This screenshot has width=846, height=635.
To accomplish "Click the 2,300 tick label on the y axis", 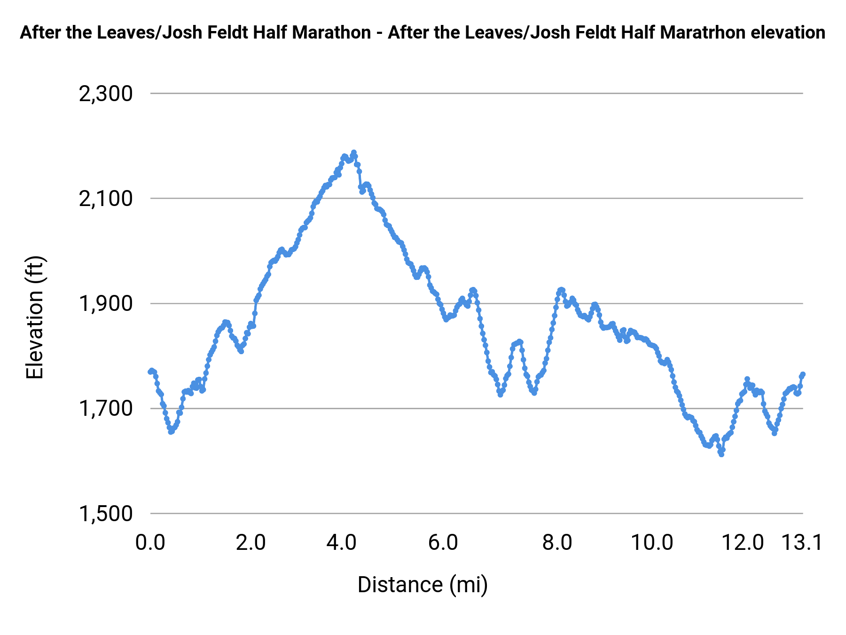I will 106,94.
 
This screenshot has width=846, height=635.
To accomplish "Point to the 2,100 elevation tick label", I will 106,198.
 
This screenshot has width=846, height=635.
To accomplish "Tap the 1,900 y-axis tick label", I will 106,303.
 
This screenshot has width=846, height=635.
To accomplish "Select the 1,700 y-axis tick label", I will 106,408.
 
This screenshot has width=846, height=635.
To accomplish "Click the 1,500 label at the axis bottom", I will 106,513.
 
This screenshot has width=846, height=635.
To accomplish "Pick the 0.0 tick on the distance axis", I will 150,543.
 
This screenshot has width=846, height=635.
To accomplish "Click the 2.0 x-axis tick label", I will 251,543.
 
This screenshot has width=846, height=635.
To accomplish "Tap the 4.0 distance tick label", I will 342,543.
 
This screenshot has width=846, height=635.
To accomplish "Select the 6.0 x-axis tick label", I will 443,543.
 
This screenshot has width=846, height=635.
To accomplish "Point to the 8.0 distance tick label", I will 557,543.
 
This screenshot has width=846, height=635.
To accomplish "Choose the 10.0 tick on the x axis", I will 652,543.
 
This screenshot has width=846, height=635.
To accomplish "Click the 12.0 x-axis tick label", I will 743,543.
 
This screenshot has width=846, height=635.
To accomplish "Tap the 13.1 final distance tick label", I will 802,543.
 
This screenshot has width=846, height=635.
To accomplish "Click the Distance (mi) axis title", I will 423,585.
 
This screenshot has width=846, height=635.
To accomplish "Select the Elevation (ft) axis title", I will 35,317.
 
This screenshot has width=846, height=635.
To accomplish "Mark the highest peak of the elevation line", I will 354,152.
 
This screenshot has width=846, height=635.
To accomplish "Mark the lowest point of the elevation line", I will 721,454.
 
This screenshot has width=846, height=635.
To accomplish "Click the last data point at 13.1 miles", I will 803,374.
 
